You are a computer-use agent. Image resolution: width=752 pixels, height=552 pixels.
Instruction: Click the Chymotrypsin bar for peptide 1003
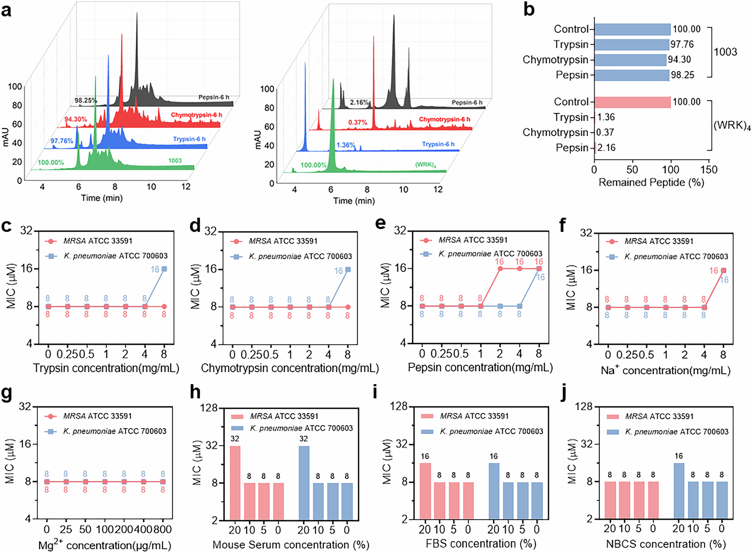point(630,60)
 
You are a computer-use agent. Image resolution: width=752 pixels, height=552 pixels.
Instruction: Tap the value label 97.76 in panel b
point(682,44)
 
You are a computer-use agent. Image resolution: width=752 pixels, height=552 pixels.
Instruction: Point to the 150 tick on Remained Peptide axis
point(709,170)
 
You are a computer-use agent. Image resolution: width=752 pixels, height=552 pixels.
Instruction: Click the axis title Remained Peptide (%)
point(651,183)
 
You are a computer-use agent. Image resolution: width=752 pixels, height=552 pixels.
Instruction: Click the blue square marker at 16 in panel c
point(164,269)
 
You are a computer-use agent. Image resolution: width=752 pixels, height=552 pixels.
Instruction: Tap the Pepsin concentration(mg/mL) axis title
point(480,367)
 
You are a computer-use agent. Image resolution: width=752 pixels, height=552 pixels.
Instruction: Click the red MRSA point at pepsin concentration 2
point(500,269)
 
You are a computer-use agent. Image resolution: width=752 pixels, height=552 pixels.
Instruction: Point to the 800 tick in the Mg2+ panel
point(163,529)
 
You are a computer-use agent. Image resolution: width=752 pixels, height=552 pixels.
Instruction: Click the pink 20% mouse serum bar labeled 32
point(235,483)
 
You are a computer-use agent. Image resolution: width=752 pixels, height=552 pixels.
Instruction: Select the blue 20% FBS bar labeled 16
point(494,491)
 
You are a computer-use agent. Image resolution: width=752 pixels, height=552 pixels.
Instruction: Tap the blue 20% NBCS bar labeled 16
point(679,491)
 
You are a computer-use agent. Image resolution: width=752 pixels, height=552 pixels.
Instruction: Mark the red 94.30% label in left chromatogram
point(75,119)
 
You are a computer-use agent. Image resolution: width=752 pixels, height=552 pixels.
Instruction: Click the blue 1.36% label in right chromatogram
point(346,145)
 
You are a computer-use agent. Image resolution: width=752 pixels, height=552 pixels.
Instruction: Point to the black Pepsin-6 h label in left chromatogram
point(214,97)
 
